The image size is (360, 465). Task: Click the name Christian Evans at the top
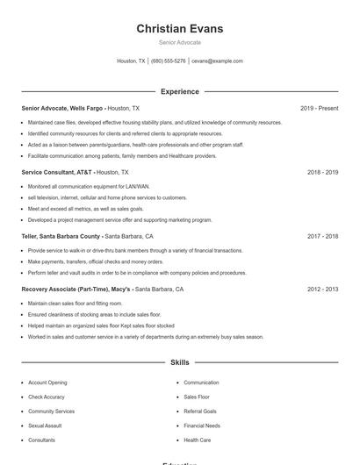pos(179,29)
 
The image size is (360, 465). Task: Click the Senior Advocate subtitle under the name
pos(179,42)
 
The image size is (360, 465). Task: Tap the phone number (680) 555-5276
pos(169,61)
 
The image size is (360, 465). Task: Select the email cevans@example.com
pos(217,61)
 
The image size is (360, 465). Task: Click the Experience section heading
pos(179,91)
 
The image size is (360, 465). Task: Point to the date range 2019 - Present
pos(319,108)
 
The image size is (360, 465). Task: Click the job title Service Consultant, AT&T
pos(57,173)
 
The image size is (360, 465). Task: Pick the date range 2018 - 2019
pos(322,173)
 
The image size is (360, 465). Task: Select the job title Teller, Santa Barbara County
pos(61,236)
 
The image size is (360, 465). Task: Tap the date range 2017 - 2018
pos(322,236)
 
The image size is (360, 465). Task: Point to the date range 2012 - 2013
pos(322,289)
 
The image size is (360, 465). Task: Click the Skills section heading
pos(179,362)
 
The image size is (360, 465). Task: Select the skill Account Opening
pos(47,383)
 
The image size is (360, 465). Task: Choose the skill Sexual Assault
pos(46,426)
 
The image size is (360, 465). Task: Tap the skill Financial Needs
pos(202,426)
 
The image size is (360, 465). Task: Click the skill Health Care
pos(198,440)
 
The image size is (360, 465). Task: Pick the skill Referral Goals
pos(200,411)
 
